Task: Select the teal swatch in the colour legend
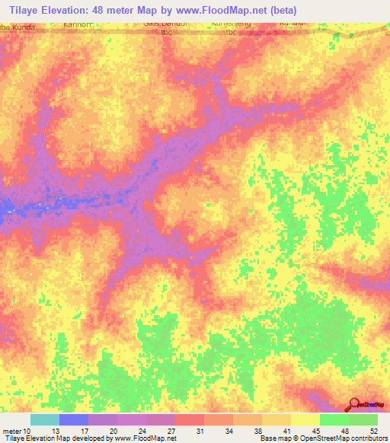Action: click(x=45, y=419)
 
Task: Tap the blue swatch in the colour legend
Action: click(x=74, y=419)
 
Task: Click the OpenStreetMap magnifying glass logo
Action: click(x=356, y=406)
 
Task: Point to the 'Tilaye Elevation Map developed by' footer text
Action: click(x=57, y=439)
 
